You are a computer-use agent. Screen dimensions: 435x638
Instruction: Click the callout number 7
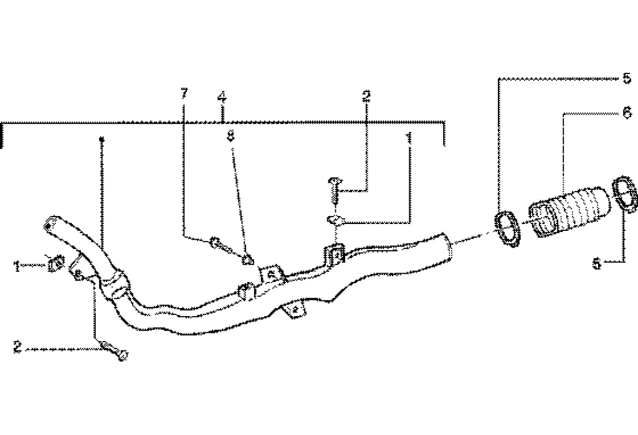[x=183, y=94]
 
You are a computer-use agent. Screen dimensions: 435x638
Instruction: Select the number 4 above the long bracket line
[x=222, y=98]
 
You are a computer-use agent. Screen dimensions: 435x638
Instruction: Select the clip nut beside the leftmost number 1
[x=54, y=265]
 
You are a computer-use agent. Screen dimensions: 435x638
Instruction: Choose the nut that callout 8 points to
[x=248, y=259]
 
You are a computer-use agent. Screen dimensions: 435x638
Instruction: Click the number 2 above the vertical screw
[x=366, y=96]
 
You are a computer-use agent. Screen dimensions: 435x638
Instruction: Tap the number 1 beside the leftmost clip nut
[x=17, y=267]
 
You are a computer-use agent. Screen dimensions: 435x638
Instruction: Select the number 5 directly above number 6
[x=627, y=79]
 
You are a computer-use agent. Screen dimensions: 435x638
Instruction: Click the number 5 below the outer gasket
[x=597, y=264]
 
